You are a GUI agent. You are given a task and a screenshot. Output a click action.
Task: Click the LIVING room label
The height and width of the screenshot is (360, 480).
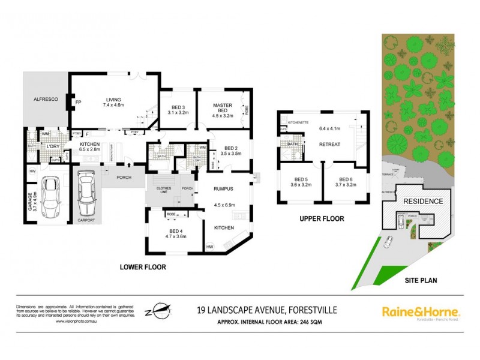pos(113,100)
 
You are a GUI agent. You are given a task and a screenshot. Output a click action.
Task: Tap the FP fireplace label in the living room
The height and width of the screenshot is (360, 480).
pos(78,102)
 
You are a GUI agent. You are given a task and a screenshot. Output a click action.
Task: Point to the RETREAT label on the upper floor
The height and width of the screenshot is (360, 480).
pos(330,144)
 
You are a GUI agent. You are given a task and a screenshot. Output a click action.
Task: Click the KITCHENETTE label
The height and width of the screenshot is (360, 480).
pos(298,122)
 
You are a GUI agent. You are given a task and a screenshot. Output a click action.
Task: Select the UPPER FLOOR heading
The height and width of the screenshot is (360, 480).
pos(322,219)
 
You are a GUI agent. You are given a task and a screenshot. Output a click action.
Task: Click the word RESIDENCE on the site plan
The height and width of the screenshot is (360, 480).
pos(422,202)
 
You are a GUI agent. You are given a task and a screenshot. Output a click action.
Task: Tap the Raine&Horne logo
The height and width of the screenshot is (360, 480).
pos(421,312)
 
